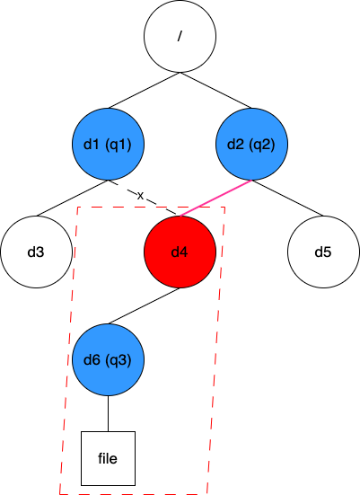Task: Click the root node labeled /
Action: pos(180,36)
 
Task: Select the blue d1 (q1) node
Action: pos(109,145)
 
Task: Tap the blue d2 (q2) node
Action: pos(251,145)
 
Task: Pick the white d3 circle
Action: pos(36,252)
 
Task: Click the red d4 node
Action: pos(180,252)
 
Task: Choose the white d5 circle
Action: pos(323,252)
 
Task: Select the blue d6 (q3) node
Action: pos(109,360)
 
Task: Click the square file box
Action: pos(109,458)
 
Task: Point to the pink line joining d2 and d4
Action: pos(215,199)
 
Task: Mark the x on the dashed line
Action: pos(140,196)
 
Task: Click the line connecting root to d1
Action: pos(145,91)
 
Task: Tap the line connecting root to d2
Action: pos(215,91)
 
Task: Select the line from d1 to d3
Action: pos(72,199)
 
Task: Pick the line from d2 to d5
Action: pos(288,199)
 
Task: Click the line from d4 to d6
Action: pos(145,306)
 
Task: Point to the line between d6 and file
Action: pos(109,413)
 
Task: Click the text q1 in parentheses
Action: pos(119,145)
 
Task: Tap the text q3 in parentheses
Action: pos(119,360)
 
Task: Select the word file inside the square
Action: pos(108,458)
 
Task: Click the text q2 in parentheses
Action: pos(262,145)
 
